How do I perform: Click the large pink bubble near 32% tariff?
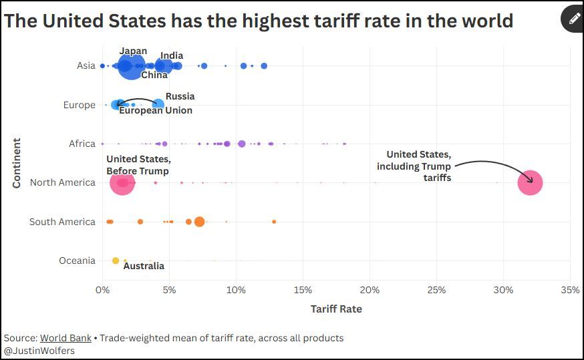tap(530, 182)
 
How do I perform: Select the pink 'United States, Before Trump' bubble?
tap(122, 182)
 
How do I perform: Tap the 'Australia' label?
tap(144, 266)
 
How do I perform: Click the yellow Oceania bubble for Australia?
tap(116, 260)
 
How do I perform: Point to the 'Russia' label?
tap(180, 96)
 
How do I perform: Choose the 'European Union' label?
tap(156, 110)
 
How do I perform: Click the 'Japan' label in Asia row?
tap(133, 51)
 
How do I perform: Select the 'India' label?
tap(172, 55)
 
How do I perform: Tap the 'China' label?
tap(154, 75)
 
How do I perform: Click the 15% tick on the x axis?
tap(303, 290)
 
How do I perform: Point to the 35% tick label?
tap(570, 290)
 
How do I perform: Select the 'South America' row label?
tap(62, 222)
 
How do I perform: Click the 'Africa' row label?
tap(82, 144)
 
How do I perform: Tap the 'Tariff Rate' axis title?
tap(336, 309)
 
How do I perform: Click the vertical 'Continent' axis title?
tap(16, 163)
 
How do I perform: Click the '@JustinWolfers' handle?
tap(39, 351)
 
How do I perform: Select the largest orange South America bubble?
tap(199, 222)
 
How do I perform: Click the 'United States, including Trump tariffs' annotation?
tap(414, 166)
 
